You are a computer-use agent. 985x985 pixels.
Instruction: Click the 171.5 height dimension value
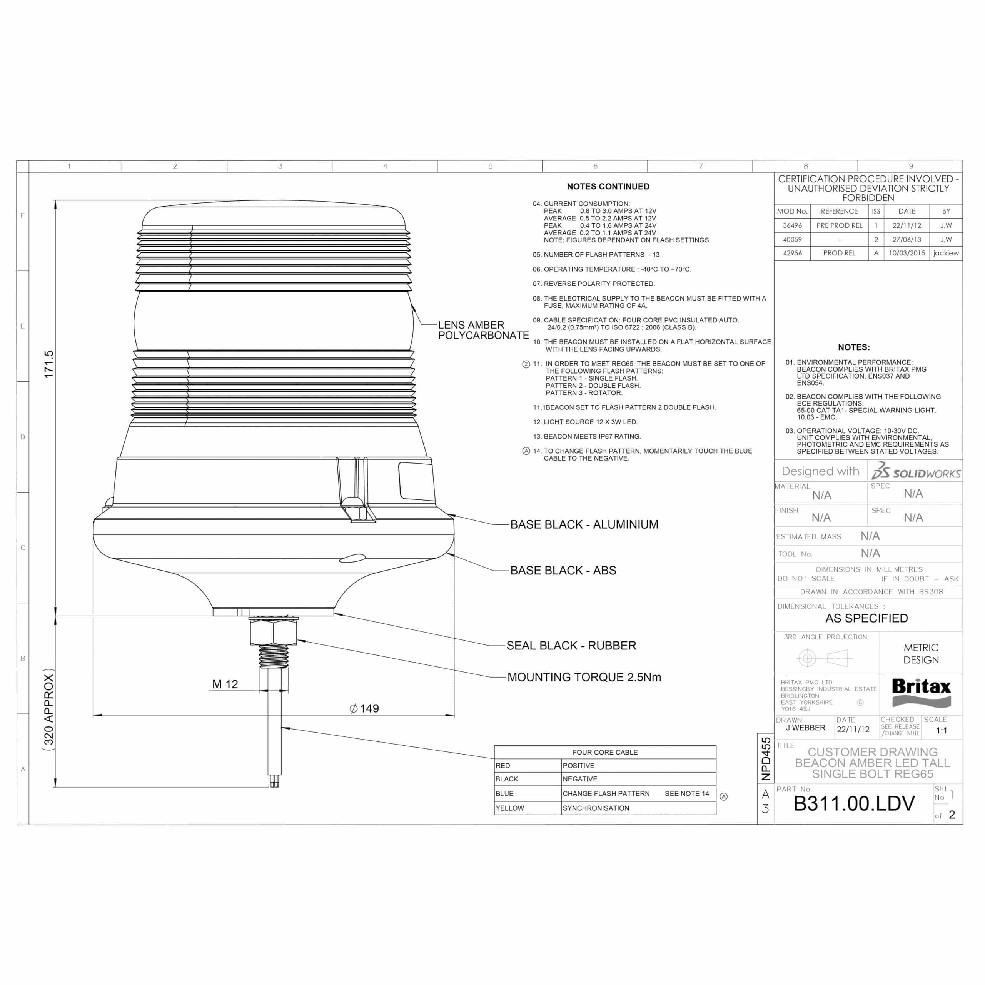pos(48,364)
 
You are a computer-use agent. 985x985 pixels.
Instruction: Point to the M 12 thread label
pos(225,684)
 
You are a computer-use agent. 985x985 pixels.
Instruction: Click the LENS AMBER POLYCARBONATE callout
pos(483,330)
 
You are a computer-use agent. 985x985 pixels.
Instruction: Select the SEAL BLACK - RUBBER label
pos(571,646)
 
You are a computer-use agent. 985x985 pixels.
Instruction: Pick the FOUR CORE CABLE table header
pos(605,752)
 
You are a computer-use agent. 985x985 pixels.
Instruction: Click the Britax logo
pos(921,692)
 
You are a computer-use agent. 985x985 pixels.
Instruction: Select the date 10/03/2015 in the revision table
pos(907,254)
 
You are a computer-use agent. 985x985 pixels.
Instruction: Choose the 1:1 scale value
pos(941,731)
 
